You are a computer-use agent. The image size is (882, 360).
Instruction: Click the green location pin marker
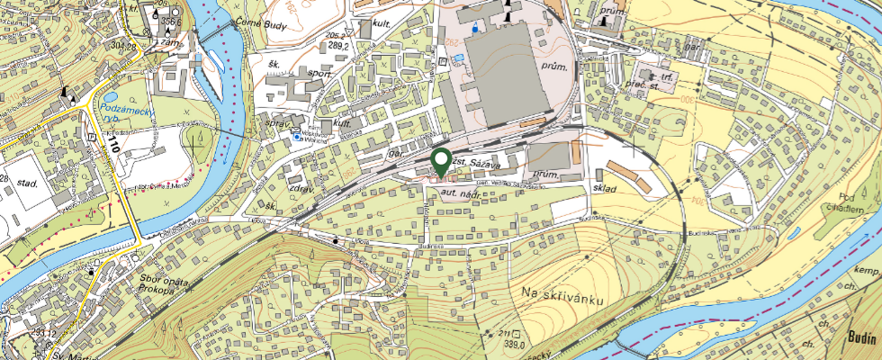(x=441, y=162)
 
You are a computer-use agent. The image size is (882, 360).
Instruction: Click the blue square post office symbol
(x=297, y=137)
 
